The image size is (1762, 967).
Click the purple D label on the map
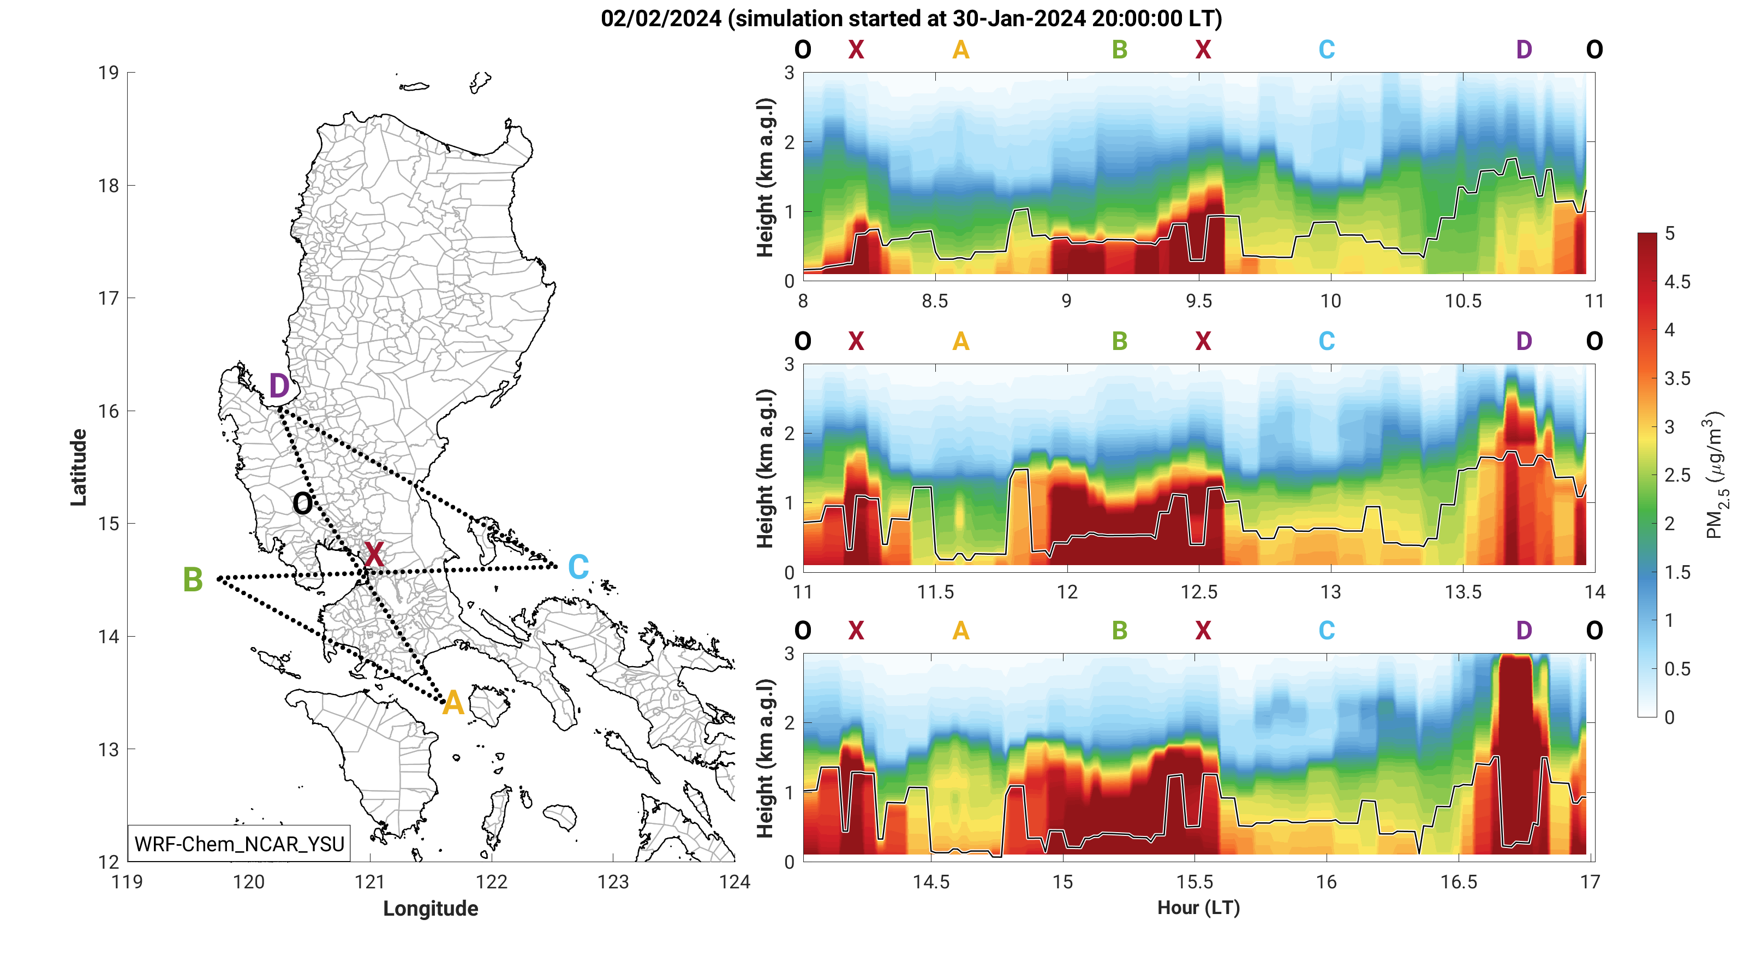278,386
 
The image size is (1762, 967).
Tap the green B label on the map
193,580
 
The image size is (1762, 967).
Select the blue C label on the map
578,567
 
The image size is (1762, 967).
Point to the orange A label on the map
452,703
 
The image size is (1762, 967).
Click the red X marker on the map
373,554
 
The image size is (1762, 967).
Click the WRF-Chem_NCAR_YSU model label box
240,844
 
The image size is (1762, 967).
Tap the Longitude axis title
430,908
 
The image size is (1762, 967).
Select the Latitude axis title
79,467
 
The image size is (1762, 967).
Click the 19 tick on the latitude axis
109,73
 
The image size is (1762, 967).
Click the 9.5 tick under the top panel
1198,301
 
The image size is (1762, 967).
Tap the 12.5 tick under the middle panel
1198,592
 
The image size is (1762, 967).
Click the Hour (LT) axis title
1198,907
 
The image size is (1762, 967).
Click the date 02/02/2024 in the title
661,19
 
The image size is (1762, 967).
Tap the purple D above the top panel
1524,49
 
